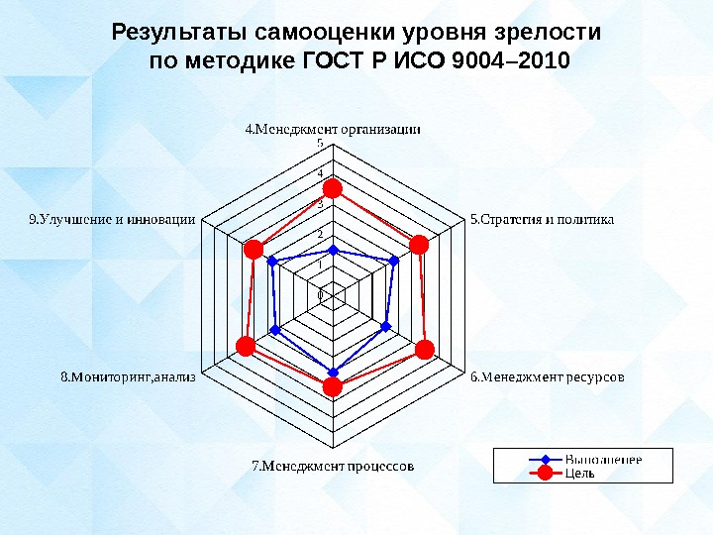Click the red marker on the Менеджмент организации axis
[333, 188]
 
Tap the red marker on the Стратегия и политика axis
[420, 245]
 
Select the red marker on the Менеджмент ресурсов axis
[425, 349]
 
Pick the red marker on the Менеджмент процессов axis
[333, 386]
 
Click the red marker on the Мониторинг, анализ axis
[246, 346]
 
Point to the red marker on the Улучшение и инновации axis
[254, 249]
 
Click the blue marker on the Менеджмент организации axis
[333, 250]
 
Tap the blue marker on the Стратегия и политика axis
[394, 261]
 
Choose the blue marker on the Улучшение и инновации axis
[272, 262]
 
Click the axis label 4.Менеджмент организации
[333, 128]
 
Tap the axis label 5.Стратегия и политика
[542, 219]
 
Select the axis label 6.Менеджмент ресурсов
[547, 376]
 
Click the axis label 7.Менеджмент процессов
[333, 464]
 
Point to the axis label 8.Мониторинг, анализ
[129, 376]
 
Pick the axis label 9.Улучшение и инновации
[111, 219]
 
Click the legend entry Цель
[579, 473]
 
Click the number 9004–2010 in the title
[510, 61]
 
